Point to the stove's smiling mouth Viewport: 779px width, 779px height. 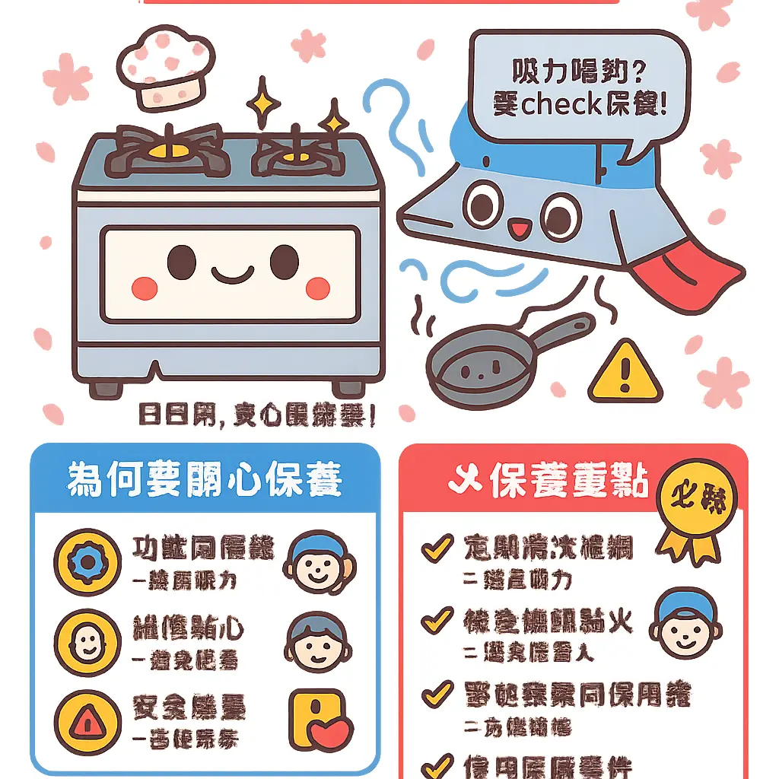231,272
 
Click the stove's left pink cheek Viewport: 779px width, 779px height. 145,288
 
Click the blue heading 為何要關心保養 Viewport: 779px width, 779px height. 205,479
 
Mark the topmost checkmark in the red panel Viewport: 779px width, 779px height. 437,548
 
